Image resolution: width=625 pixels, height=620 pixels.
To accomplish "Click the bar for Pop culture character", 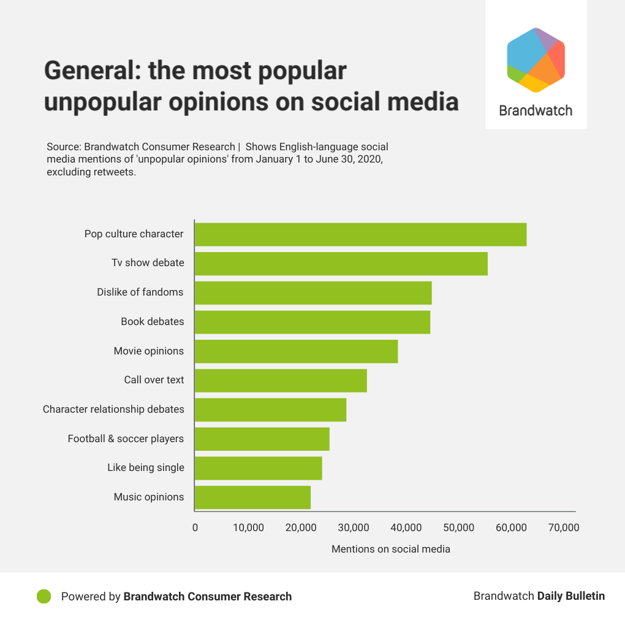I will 360,234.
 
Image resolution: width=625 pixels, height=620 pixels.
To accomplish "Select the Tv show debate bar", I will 341,263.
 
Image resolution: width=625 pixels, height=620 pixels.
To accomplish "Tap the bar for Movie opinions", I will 296,351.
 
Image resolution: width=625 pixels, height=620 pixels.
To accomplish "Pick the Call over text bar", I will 281,380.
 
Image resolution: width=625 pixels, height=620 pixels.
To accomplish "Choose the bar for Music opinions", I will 252,497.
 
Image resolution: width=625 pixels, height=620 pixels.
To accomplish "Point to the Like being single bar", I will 258,468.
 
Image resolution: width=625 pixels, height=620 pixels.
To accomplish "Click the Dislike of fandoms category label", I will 140,292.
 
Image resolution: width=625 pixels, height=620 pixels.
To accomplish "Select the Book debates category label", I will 153,321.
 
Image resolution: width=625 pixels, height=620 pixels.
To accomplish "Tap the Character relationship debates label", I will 113,409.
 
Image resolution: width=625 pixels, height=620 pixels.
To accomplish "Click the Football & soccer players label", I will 126,438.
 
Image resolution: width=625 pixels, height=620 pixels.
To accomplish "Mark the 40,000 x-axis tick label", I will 406,527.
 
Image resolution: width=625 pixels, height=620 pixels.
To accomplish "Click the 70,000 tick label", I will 563,527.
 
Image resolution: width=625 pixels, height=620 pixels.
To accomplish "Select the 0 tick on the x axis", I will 195,527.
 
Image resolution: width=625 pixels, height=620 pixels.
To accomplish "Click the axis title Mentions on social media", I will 391,549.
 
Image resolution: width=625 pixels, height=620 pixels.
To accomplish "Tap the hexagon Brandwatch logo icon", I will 536,60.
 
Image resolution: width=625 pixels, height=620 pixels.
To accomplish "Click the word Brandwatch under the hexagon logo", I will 536,110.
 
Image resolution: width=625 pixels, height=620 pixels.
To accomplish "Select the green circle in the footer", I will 44,596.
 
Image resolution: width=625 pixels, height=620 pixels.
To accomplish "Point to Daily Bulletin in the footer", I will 571,595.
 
